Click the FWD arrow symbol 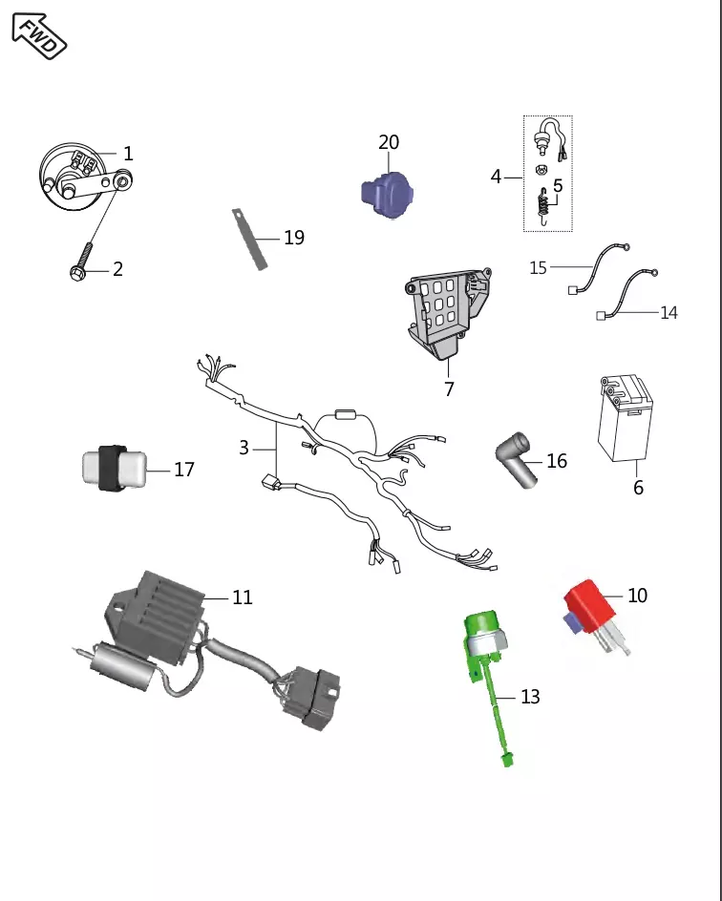coord(39,35)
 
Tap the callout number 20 coord(389,142)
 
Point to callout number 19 coord(294,238)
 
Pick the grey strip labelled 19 coord(250,238)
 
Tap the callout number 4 coord(496,177)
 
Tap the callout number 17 coord(184,470)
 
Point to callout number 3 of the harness coord(244,447)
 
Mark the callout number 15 coord(539,268)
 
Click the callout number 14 coord(669,313)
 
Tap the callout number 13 coord(530,698)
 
